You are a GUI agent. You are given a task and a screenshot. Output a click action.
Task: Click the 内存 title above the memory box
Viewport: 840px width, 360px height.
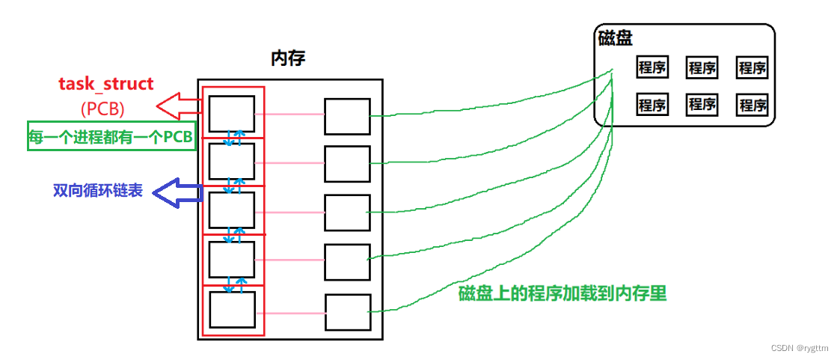(289, 58)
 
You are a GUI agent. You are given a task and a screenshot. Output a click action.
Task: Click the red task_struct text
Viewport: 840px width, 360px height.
(106, 84)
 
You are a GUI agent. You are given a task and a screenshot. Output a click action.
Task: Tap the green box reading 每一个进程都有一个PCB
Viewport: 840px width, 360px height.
(111, 136)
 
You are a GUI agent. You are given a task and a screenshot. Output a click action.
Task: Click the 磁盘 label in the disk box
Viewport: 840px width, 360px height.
(616, 37)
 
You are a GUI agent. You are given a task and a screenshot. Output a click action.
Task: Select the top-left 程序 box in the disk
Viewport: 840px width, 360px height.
(652, 67)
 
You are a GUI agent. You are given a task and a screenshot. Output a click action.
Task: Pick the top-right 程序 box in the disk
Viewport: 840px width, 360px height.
(752, 67)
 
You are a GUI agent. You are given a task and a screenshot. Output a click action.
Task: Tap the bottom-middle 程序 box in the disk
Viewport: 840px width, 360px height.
(702, 104)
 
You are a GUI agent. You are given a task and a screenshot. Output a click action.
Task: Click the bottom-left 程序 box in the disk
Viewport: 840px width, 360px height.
(652, 105)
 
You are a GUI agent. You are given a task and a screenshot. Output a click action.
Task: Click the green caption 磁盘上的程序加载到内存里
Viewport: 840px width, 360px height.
(562, 293)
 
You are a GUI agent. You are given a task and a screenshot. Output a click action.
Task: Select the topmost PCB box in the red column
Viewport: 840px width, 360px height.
(231, 114)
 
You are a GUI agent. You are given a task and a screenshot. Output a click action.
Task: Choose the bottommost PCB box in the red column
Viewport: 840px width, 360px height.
(231, 309)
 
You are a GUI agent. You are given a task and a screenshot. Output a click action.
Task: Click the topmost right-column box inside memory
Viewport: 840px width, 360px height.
(347, 116)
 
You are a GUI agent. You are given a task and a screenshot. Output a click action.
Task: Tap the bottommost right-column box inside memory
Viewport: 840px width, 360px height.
(348, 312)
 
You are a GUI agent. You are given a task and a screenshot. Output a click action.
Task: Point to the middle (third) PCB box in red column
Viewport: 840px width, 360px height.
(231, 210)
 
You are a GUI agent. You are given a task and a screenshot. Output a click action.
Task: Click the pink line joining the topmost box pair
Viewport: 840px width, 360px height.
(289, 115)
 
